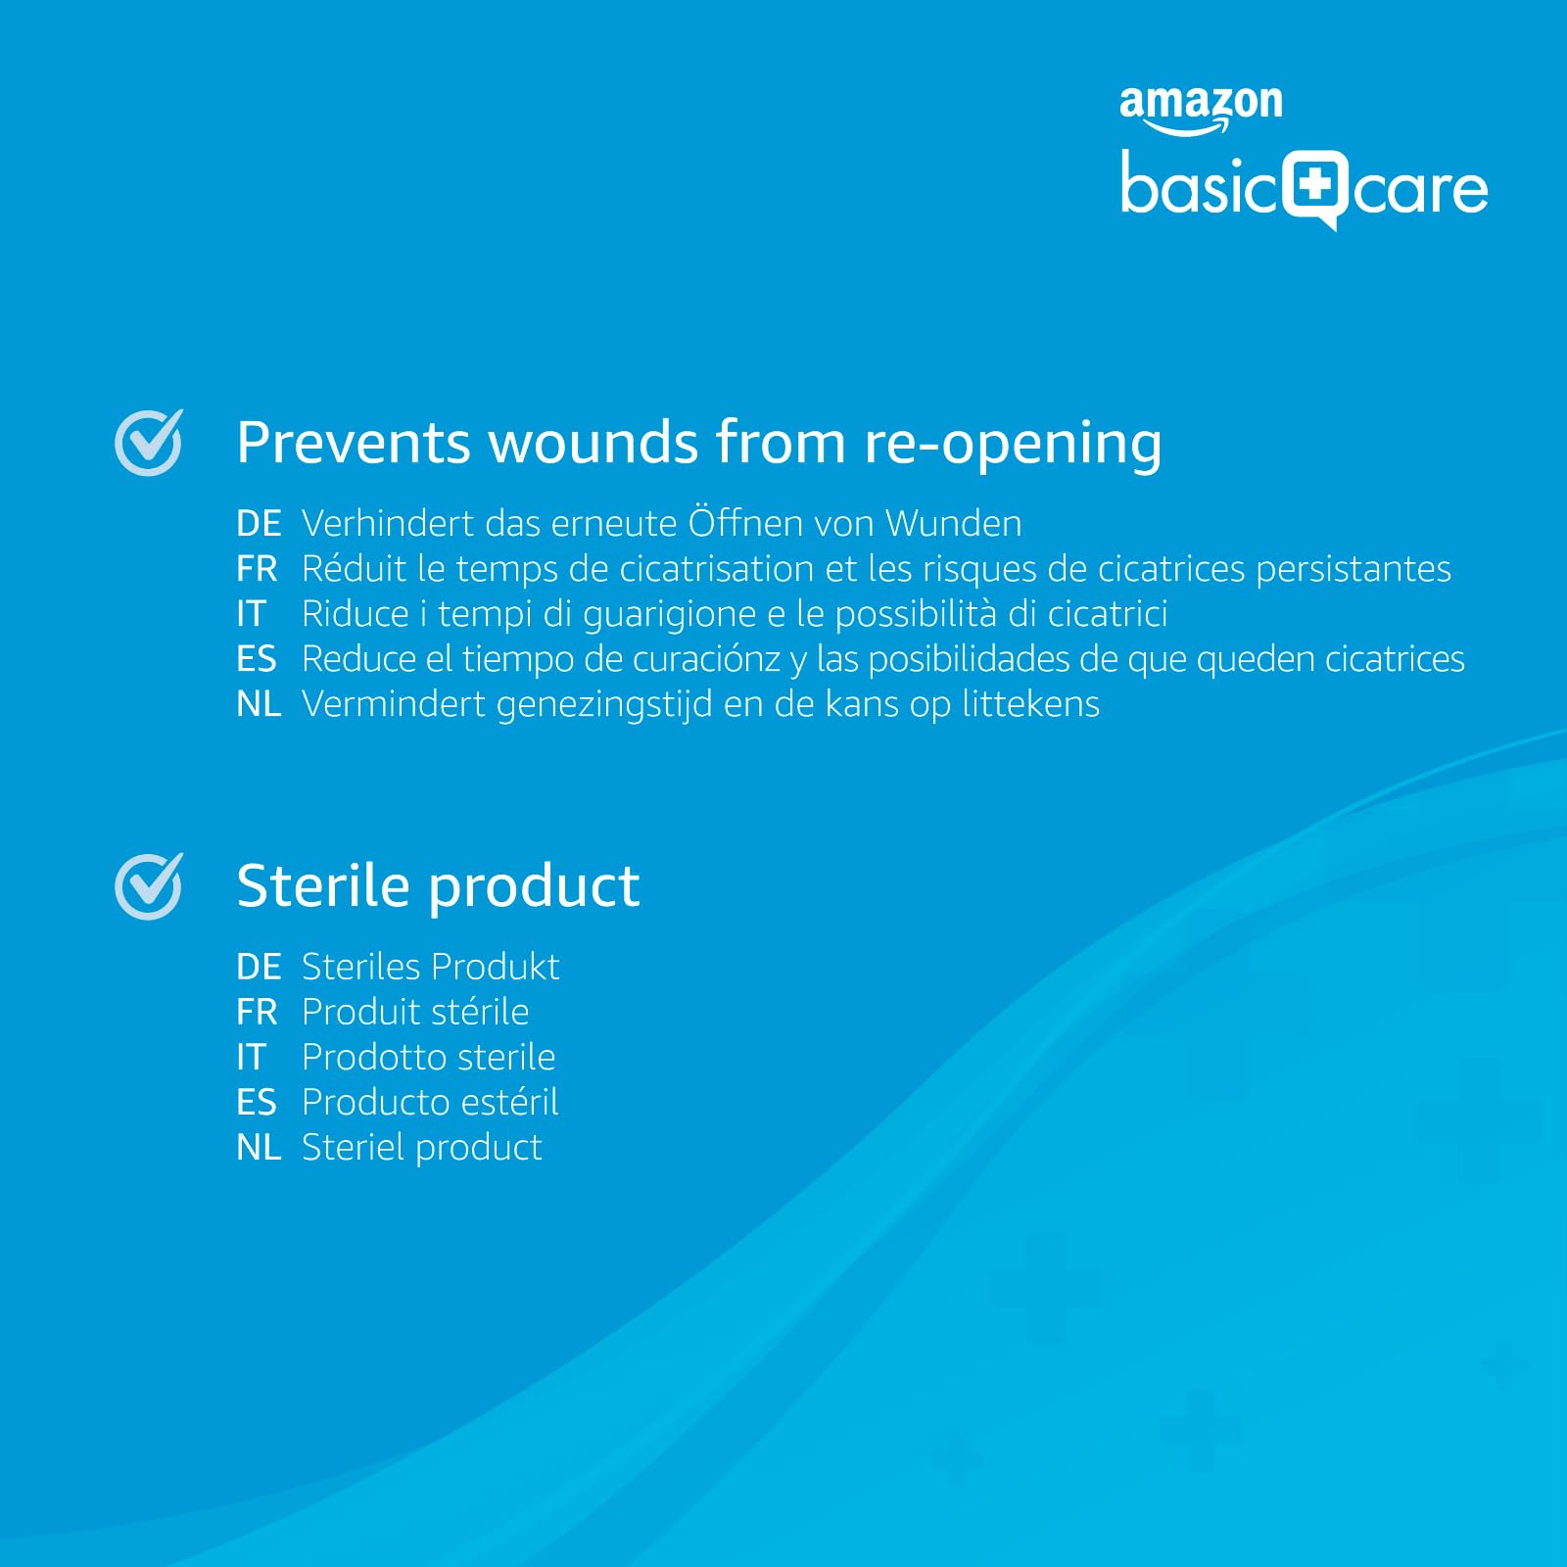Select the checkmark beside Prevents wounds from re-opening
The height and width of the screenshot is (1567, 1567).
click(x=149, y=442)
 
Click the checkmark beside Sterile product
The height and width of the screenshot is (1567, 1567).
click(x=149, y=886)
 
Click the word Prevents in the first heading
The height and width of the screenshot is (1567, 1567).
click(x=354, y=442)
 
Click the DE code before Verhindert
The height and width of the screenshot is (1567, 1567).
click(x=259, y=524)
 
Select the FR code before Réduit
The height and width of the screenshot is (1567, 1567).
click(x=258, y=569)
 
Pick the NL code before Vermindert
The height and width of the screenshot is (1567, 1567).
click(x=259, y=704)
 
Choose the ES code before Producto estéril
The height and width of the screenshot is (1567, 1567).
click(x=257, y=1103)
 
